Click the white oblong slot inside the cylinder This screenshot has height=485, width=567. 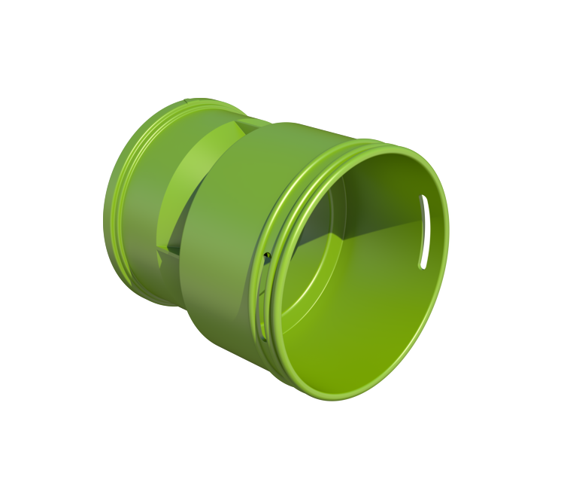(423, 231)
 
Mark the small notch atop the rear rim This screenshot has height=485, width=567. (185, 99)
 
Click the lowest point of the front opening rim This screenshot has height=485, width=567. (331, 397)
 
